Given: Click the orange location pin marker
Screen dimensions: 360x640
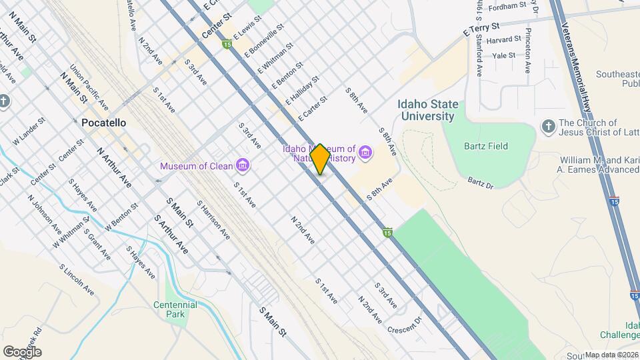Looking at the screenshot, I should coord(321,159).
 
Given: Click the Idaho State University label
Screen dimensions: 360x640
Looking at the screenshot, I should coord(427,110).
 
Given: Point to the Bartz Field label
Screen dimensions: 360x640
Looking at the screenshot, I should coord(487,146).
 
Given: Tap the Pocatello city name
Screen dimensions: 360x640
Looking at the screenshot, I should coord(99,123).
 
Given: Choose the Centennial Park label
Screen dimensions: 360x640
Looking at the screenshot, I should coord(175,309).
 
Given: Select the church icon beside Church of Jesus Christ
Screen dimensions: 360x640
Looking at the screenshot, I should coord(549,127).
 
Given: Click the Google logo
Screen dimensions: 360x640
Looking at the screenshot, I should coord(22,351).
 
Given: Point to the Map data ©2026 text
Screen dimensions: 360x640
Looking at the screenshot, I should coord(611,355).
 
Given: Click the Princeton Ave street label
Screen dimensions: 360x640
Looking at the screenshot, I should coord(528,51).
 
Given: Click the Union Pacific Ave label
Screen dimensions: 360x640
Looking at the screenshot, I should coord(89,87).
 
